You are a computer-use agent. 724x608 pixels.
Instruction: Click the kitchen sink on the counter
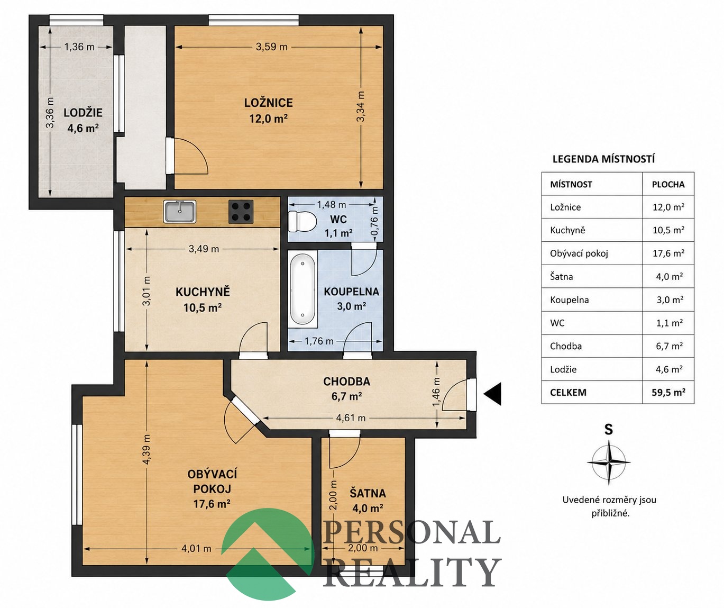point(180,212)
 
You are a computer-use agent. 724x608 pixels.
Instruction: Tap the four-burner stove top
point(241,211)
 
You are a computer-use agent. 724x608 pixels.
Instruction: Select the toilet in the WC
point(302,221)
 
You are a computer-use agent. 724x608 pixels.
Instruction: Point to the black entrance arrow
point(493,394)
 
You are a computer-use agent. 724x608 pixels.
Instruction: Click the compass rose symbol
point(609,462)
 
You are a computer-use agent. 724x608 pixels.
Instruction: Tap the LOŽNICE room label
point(268,103)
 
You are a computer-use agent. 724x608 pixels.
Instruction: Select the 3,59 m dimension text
point(271,47)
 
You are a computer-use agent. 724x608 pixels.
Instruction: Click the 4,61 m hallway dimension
point(351,418)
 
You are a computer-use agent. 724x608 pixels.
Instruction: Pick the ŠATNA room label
point(368,493)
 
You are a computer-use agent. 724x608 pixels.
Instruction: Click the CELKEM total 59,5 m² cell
point(668,392)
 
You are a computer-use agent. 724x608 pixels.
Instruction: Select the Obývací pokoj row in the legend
point(618,253)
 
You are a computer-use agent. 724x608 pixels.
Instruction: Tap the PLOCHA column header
point(668,184)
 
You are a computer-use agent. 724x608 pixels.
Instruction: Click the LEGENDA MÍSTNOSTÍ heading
point(603,159)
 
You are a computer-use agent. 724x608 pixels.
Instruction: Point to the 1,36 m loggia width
point(79,47)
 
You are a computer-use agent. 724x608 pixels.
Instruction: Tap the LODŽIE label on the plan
point(83,113)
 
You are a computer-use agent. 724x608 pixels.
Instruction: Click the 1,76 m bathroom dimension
point(319,341)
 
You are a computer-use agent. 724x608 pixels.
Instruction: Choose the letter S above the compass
point(609,429)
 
